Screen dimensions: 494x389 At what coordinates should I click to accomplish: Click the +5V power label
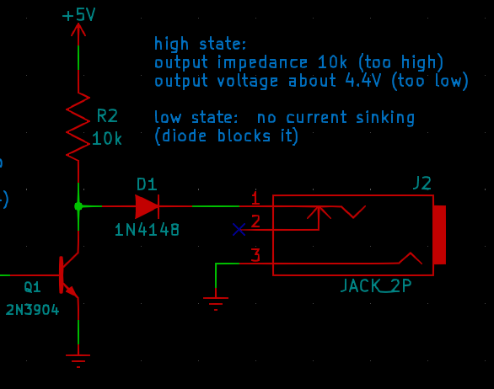(78, 15)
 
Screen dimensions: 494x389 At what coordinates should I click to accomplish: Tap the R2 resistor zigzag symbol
(78, 127)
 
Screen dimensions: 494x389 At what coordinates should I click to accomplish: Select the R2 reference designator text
(107, 116)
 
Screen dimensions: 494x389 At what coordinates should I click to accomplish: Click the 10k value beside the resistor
(107, 138)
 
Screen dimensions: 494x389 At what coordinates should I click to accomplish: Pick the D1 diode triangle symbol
(147, 206)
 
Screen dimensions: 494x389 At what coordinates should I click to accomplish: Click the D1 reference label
(147, 184)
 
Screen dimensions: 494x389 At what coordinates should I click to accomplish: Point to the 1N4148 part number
(147, 230)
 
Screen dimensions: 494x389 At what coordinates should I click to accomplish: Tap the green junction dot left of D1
(78, 206)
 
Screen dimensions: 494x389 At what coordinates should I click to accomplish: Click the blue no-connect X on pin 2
(239, 230)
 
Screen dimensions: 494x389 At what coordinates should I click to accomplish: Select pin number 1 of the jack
(255, 198)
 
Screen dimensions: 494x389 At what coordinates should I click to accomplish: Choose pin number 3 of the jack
(255, 255)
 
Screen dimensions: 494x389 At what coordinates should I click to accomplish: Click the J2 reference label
(422, 184)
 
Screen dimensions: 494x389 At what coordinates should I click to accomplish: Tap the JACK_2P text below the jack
(376, 285)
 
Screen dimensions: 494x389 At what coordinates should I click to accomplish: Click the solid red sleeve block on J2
(439, 235)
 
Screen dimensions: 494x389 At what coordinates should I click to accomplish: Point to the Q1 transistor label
(32, 287)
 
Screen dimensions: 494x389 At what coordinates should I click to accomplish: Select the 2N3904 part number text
(32, 310)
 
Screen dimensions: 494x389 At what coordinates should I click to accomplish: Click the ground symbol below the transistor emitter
(78, 360)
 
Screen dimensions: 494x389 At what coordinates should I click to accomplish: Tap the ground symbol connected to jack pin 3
(216, 304)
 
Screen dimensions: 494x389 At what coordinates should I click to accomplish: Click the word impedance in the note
(262, 62)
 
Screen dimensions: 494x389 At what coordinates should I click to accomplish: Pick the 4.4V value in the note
(363, 81)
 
